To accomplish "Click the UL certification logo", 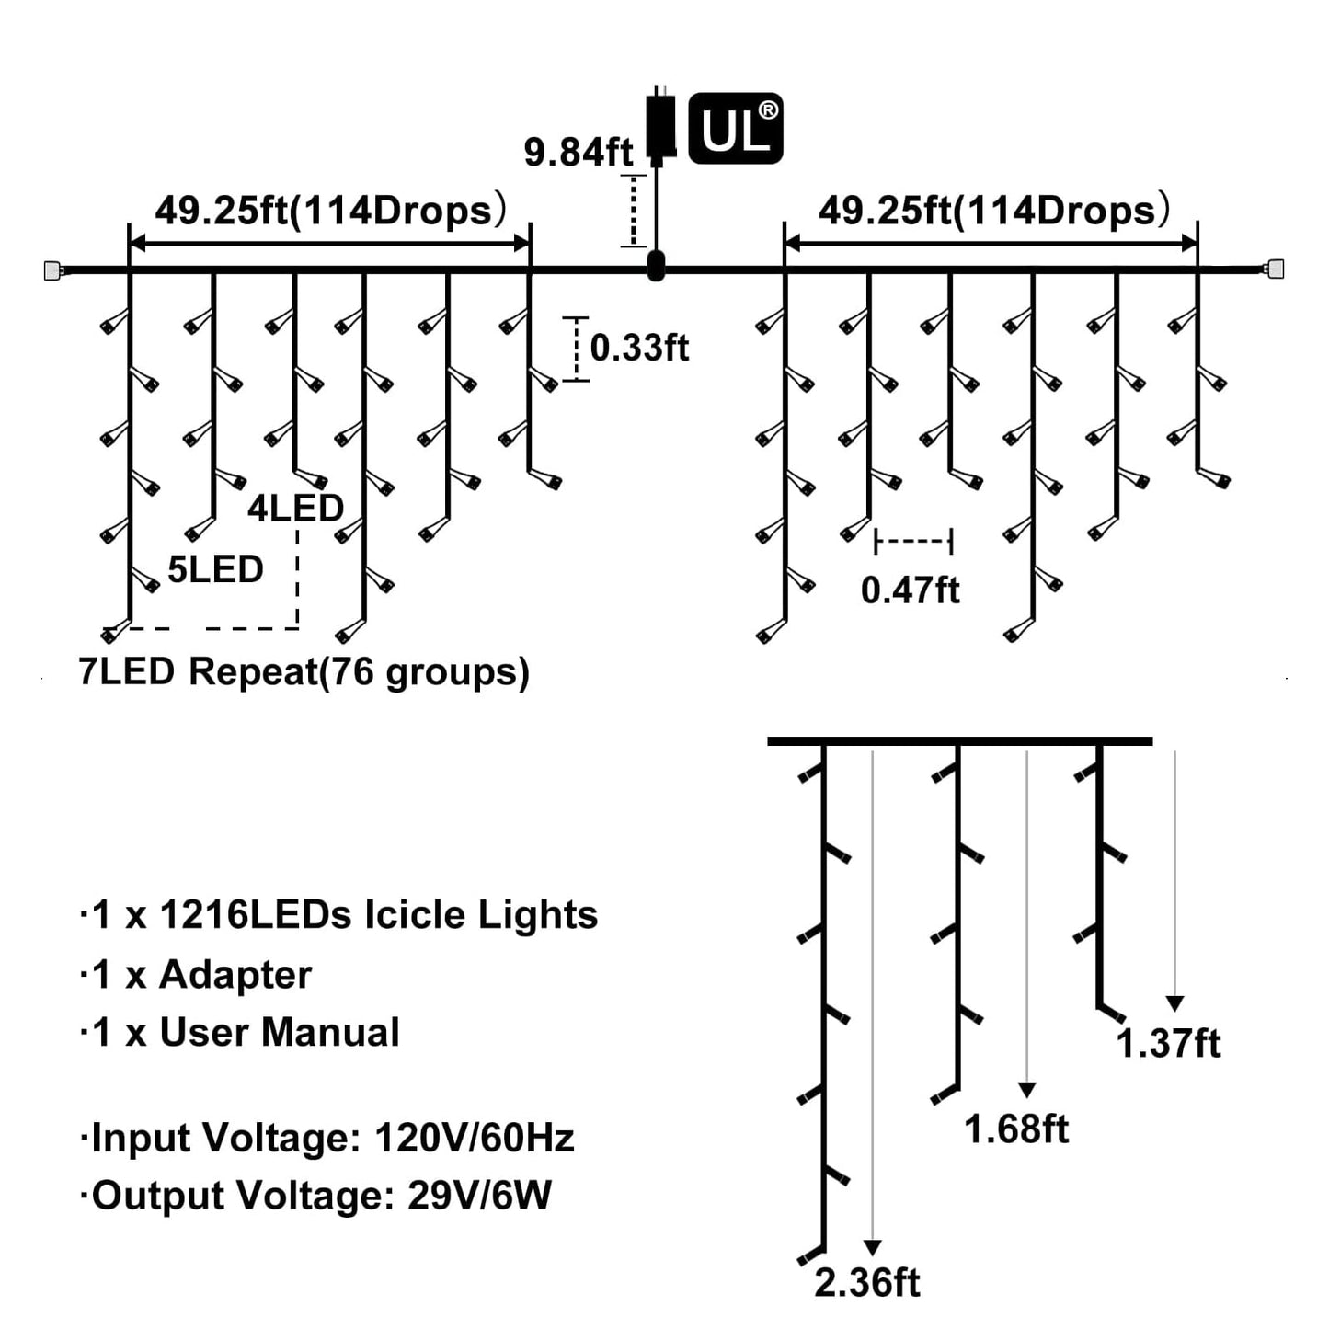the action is point(735,128).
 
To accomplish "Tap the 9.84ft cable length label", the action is point(578,153).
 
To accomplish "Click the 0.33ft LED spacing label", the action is point(639,347).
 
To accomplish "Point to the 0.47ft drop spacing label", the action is point(911,590).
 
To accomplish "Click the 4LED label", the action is point(296,509).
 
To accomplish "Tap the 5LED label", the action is point(215,569).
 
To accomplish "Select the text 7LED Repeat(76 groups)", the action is point(304,672).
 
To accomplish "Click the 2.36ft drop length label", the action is point(867,1283).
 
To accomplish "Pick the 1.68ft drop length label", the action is point(1016,1129).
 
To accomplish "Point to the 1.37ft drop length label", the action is point(1168,1044).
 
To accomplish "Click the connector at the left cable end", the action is point(53,269).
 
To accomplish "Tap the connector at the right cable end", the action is point(1274,269).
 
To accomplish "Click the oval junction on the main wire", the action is point(655,266).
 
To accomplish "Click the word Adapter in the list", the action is point(235,975).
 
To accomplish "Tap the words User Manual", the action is point(280,1033).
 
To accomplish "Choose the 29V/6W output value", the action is point(479,1196).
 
